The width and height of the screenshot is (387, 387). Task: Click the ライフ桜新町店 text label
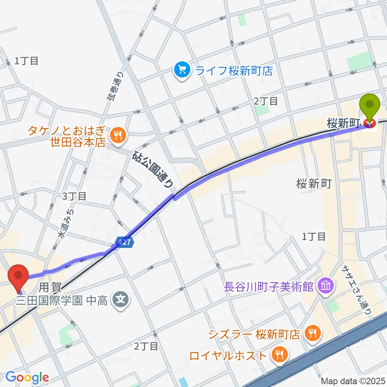(234, 71)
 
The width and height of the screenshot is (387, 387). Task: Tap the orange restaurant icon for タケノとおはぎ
(118, 135)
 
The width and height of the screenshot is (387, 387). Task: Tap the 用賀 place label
(50, 287)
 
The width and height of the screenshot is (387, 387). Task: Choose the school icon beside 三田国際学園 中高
(120, 300)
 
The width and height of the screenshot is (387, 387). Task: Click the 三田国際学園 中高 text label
(62, 300)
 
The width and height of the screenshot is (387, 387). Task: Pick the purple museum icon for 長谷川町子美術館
(325, 287)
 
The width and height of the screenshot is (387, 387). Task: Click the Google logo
(27, 377)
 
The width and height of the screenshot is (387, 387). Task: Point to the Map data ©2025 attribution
(353, 381)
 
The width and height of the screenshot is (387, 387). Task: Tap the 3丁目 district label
(74, 196)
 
